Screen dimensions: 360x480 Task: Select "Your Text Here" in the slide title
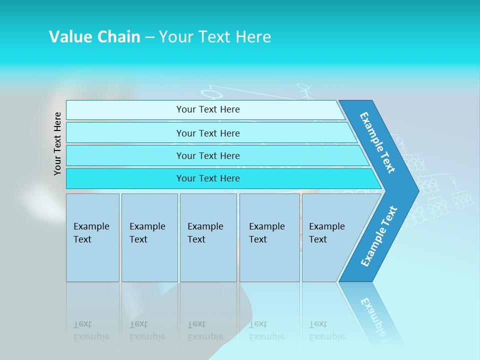pyautogui.click(x=215, y=36)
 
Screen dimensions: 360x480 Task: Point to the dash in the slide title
pyautogui.click(x=149, y=37)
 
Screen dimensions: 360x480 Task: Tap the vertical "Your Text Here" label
pyautogui.click(x=57, y=143)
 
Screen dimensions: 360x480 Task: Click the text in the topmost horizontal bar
pyautogui.click(x=208, y=109)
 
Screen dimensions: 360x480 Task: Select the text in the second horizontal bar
pyautogui.click(x=208, y=133)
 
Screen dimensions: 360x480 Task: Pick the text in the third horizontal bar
pyautogui.click(x=208, y=156)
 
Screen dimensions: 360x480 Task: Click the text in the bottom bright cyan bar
pyautogui.click(x=208, y=178)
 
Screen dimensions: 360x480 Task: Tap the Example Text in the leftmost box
pyautogui.click(x=91, y=233)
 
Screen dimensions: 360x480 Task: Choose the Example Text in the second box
pyautogui.click(x=147, y=233)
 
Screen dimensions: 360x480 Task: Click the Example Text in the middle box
pyautogui.click(x=205, y=233)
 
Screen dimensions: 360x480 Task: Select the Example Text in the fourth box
pyautogui.click(x=266, y=233)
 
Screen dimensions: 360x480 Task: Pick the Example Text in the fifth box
pyautogui.click(x=326, y=233)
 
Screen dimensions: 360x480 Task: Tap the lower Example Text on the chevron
pyautogui.click(x=379, y=236)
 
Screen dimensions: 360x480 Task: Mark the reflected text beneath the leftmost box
pyautogui.click(x=91, y=330)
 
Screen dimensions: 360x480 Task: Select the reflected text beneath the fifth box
pyautogui.click(x=326, y=330)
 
